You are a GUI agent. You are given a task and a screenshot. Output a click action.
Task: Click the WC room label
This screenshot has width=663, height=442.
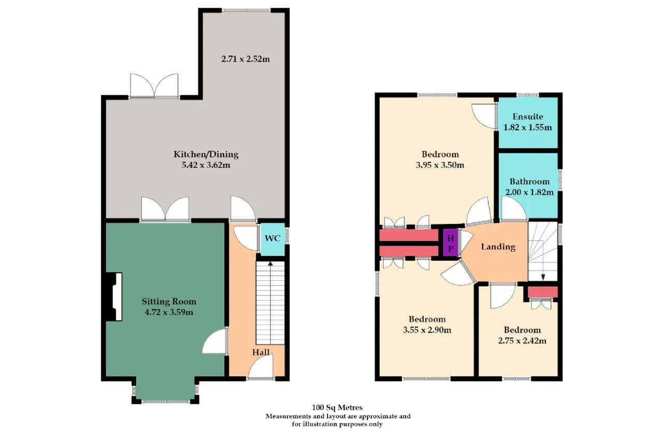pos(272,238)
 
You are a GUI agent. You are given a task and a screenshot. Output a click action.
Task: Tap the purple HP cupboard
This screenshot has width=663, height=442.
pos(451,243)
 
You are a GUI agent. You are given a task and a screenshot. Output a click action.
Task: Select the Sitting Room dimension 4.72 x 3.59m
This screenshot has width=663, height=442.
pos(169,312)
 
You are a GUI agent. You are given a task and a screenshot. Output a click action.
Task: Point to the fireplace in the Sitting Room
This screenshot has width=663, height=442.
pos(114,296)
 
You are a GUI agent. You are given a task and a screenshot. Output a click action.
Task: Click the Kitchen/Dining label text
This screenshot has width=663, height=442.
pos(206,154)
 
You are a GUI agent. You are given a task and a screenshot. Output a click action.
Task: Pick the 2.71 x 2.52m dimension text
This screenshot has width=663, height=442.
pos(246,59)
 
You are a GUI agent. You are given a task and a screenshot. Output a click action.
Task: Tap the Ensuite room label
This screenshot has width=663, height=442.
pos(528,117)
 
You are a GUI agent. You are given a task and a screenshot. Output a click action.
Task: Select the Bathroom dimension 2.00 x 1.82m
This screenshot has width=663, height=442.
pos(529,192)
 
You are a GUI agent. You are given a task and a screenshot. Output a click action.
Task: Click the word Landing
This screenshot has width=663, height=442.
pos(498,247)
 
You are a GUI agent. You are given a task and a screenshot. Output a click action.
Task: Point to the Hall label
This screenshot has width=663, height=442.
pos(261,352)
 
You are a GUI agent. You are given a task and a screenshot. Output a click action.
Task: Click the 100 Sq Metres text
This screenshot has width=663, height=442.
pos(337,408)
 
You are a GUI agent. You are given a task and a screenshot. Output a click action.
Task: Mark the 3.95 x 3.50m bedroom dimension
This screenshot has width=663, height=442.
pos(440,165)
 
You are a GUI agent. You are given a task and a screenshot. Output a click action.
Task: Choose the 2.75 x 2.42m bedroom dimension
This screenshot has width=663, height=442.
pos(522,341)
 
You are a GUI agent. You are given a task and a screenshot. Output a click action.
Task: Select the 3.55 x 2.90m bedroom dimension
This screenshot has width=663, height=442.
pos(427,330)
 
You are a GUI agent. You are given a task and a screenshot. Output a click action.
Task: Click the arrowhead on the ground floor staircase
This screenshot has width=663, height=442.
pos(270,263)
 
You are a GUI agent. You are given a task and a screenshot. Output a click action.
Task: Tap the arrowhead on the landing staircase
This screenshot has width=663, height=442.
pos(543,277)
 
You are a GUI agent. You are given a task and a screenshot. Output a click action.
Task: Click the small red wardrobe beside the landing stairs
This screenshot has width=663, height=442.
pos(543,292)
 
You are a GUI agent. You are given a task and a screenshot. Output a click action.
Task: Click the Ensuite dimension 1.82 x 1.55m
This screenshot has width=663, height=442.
pos(528,127)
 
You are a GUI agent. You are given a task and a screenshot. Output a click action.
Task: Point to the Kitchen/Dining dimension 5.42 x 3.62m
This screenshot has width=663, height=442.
pos(206,165)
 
